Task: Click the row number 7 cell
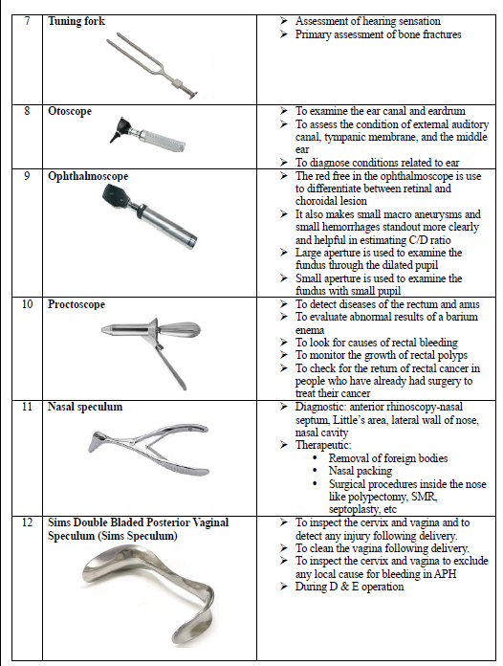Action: click(x=27, y=59)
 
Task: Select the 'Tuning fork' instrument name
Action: click(x=77, y=21)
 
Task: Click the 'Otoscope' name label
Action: click(x=70, y=111)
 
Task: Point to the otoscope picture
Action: click(x=147, y=135)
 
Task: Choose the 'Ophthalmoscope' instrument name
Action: click(x=88, y=176)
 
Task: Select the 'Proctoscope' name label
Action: click(x=77, y=304)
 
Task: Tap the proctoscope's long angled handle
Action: click(x=170, y=366)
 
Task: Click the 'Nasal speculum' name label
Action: click(x=85, y=407)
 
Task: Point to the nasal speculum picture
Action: click(x=148, y=449)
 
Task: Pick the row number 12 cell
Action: click(x=27, y=588)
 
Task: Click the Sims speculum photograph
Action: click(x=147, y=594)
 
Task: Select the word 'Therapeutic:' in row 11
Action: click(x=323, y=445)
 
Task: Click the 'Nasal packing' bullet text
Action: click(x=361, y=471)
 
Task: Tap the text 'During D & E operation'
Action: click(x=350, y=587)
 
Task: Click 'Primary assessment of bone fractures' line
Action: click(x=379, y=34)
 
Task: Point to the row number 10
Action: click(x=27, y=304)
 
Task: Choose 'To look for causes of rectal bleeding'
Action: click(x=377, y=343)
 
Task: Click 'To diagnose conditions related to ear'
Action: click(x=378, y=163)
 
